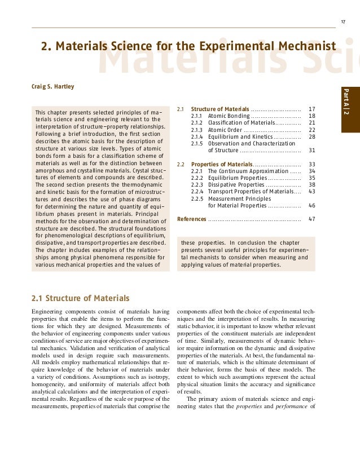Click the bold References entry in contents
click(191, 219)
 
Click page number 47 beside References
click(312, 219)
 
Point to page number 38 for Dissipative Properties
click(312, 184)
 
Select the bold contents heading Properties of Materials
click(221, 164)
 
